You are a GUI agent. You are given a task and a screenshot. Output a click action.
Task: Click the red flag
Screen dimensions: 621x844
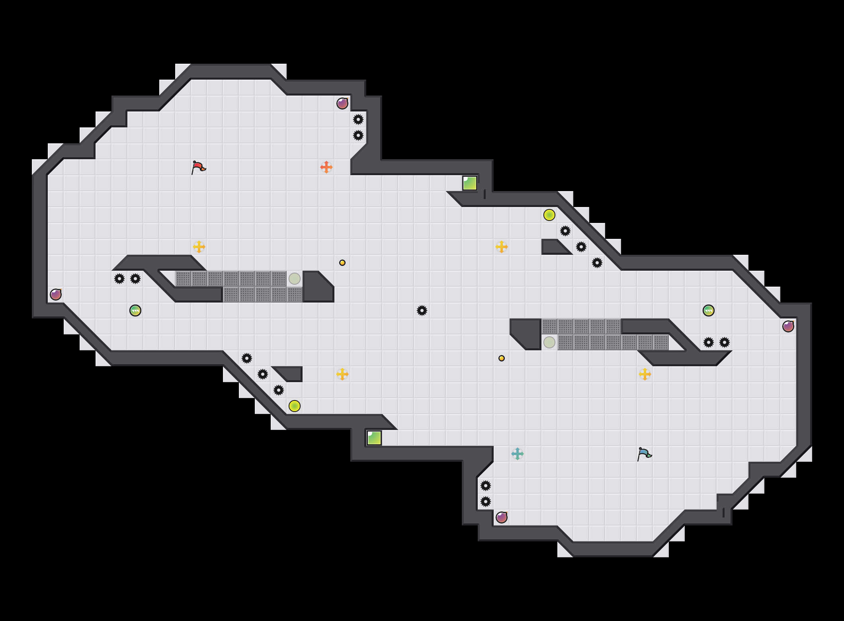tap(198, 167)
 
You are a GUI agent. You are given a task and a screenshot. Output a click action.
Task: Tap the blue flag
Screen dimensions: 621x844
tap(644, 454)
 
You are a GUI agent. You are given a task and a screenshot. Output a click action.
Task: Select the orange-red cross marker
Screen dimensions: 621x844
tap(326, 167)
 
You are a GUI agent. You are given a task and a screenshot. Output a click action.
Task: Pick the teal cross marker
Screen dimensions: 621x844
tap(518, 454)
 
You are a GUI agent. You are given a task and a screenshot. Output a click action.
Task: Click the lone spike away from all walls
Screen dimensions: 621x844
tap(422, 310)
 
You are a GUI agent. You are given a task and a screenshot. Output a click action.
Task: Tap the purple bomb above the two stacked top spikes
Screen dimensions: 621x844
tap(342, 103)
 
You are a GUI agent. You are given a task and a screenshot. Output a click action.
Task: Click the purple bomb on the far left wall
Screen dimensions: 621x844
tap(56, 295)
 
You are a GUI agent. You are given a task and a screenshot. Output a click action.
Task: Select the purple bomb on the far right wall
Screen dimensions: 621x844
tap(788, 326)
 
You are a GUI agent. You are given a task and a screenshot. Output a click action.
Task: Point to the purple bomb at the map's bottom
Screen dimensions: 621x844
tap(502, 517)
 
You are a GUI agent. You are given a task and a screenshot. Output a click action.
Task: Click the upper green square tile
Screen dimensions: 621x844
tap(470, 183)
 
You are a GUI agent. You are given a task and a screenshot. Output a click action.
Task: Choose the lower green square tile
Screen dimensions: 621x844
tap(374, 438)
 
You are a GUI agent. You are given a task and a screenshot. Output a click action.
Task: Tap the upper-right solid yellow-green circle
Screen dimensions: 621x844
tap(549, 215)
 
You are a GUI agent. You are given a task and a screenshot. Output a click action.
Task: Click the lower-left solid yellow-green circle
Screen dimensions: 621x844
tap(295, 406)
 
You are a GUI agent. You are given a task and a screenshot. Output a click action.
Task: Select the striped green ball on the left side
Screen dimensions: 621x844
tap(135, 310)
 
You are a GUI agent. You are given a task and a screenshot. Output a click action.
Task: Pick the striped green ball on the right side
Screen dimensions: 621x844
tap(709, 310)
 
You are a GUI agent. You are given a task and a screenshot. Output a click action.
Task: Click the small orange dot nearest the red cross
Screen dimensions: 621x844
tap(342, 263)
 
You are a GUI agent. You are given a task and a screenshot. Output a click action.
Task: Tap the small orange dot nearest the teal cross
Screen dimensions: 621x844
tap(502, 358)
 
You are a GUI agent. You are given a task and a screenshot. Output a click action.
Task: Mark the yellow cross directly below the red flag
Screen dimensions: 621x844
tap(199, 247)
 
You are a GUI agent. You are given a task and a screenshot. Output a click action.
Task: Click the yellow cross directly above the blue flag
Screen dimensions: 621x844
tap(645, 374)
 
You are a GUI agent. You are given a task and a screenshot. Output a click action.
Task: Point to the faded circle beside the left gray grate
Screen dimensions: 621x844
tap(295, 279)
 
